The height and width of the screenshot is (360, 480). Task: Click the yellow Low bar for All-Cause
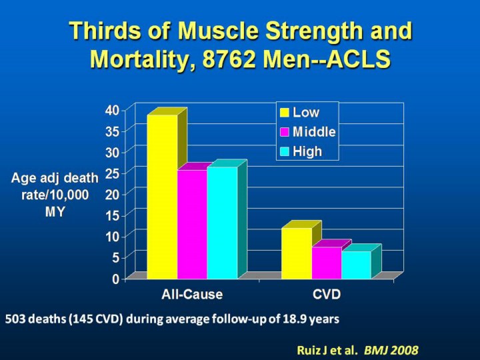pos(162,197)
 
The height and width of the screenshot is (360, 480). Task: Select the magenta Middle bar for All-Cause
pos(192,224)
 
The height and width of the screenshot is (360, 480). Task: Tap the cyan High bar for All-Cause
pos(222,223)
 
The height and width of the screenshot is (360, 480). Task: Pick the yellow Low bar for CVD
pos(296,253)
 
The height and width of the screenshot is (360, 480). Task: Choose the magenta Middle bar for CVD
pos(327,263)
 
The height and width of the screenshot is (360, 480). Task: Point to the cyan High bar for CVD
pos(356,265)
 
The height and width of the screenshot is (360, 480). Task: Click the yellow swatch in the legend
pos(285,113)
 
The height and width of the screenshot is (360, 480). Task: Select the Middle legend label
pos(314,132)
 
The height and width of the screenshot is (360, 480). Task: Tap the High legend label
pos(307,151)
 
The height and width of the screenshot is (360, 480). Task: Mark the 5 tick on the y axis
pos(117,257)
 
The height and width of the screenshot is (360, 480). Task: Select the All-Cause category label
pos(192,294)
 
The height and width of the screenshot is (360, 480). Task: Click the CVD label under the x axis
pos(327,294)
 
